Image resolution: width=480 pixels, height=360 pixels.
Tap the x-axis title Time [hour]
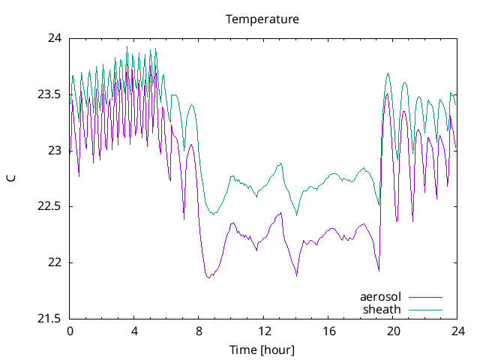(x=262, y=349)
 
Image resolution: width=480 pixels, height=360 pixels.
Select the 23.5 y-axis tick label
(x=50, y=94)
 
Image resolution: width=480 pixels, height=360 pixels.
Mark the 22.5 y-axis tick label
(x=50, y=207)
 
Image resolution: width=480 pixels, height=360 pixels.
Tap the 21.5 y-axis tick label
(x=50, y=319)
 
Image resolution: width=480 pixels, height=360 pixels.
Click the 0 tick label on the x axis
(x=70, y=331)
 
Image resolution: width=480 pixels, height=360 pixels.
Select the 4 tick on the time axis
(x=134, y=331)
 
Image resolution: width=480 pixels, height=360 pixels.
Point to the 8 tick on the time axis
(x=199, y=331)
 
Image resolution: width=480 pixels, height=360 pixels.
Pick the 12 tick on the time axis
(x=263, y=331)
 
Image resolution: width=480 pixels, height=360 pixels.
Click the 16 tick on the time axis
(x=328, y=331)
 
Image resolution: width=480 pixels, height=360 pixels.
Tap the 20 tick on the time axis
(x=392, y=331)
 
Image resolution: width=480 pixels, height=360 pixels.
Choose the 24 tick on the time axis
(x=457, y=331)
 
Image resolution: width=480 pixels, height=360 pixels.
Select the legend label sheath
(x=382, y=309)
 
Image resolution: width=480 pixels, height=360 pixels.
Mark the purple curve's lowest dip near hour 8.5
(x=208, y=277)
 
